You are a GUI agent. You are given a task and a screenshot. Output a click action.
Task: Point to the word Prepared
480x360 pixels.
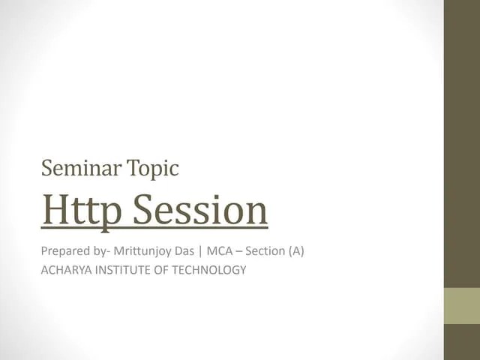[x=65, y=251]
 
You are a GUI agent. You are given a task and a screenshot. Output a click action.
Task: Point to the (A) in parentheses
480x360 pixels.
[x=296, y=251]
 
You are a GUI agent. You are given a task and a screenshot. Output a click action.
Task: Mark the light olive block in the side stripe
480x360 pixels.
[x=462, y=306]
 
